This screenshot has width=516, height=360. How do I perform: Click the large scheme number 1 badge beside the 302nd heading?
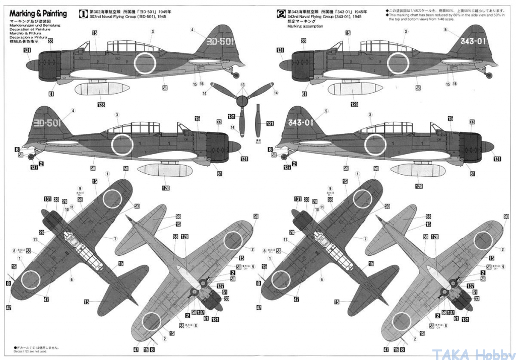click(81, 14)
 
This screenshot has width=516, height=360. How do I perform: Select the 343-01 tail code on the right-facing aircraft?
click(302, 122)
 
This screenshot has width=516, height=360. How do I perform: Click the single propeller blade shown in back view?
click(257, 121)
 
